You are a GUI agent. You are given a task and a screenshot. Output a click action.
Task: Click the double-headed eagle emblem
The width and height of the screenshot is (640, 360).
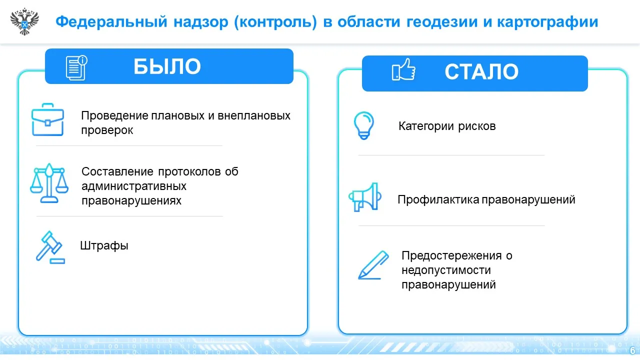click(x=24, y=21)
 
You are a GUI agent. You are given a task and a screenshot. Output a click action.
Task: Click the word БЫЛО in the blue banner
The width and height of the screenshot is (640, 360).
click(x=167, y=66)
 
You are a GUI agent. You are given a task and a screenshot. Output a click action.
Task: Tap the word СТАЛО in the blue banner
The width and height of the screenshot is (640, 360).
click(x=481, y=71)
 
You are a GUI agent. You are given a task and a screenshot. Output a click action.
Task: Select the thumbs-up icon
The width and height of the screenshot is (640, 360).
click(x=403, y=69)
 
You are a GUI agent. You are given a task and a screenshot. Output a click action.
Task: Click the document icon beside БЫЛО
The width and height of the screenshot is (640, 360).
click(x=76, y=67)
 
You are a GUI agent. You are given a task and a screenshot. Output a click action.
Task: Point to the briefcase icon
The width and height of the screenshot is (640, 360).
click(x=47, y=119)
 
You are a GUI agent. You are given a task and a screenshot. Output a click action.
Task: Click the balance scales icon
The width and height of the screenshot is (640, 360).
click(x=49, y=183)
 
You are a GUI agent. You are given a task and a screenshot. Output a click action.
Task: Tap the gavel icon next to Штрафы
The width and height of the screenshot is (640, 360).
click(x=50, y=247)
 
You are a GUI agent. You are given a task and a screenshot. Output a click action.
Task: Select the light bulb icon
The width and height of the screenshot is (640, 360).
click(x=363, y=125)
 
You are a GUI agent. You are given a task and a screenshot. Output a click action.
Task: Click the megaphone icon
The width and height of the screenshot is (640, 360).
click(x=365, y=197)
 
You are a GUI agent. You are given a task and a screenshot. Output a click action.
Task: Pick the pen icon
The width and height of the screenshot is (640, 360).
click(x=373, y=265)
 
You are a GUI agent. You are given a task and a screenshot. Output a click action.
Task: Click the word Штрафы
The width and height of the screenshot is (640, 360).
click(x=104, y=245)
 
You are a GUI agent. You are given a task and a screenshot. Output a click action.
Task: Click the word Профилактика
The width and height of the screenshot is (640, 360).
click(x=438, y=199)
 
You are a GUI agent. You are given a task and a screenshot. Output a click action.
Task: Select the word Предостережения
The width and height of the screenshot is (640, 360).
click(x=451, y=255)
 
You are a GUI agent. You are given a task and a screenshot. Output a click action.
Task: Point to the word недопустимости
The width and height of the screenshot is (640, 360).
click(x=446, y=270)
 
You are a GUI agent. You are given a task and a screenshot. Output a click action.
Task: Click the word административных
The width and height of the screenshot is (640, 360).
click(x=133, y=186)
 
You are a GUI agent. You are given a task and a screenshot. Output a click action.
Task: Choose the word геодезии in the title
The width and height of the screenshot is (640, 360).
click(x=441, y=21)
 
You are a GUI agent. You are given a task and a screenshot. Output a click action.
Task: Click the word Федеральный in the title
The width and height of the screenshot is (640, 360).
click(x=111, y=21)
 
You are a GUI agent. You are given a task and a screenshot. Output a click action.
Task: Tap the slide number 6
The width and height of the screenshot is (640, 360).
click(x=632, y=350)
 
